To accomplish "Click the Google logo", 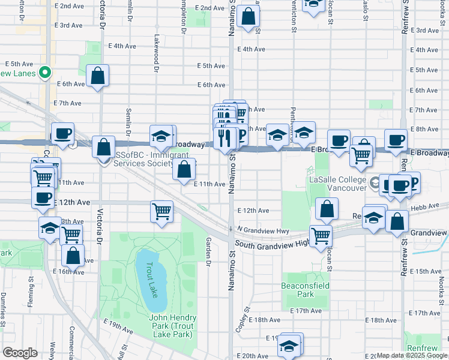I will point(19,353).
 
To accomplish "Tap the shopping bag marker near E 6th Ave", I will point(97,76).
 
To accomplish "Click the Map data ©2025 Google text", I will point(412,355).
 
